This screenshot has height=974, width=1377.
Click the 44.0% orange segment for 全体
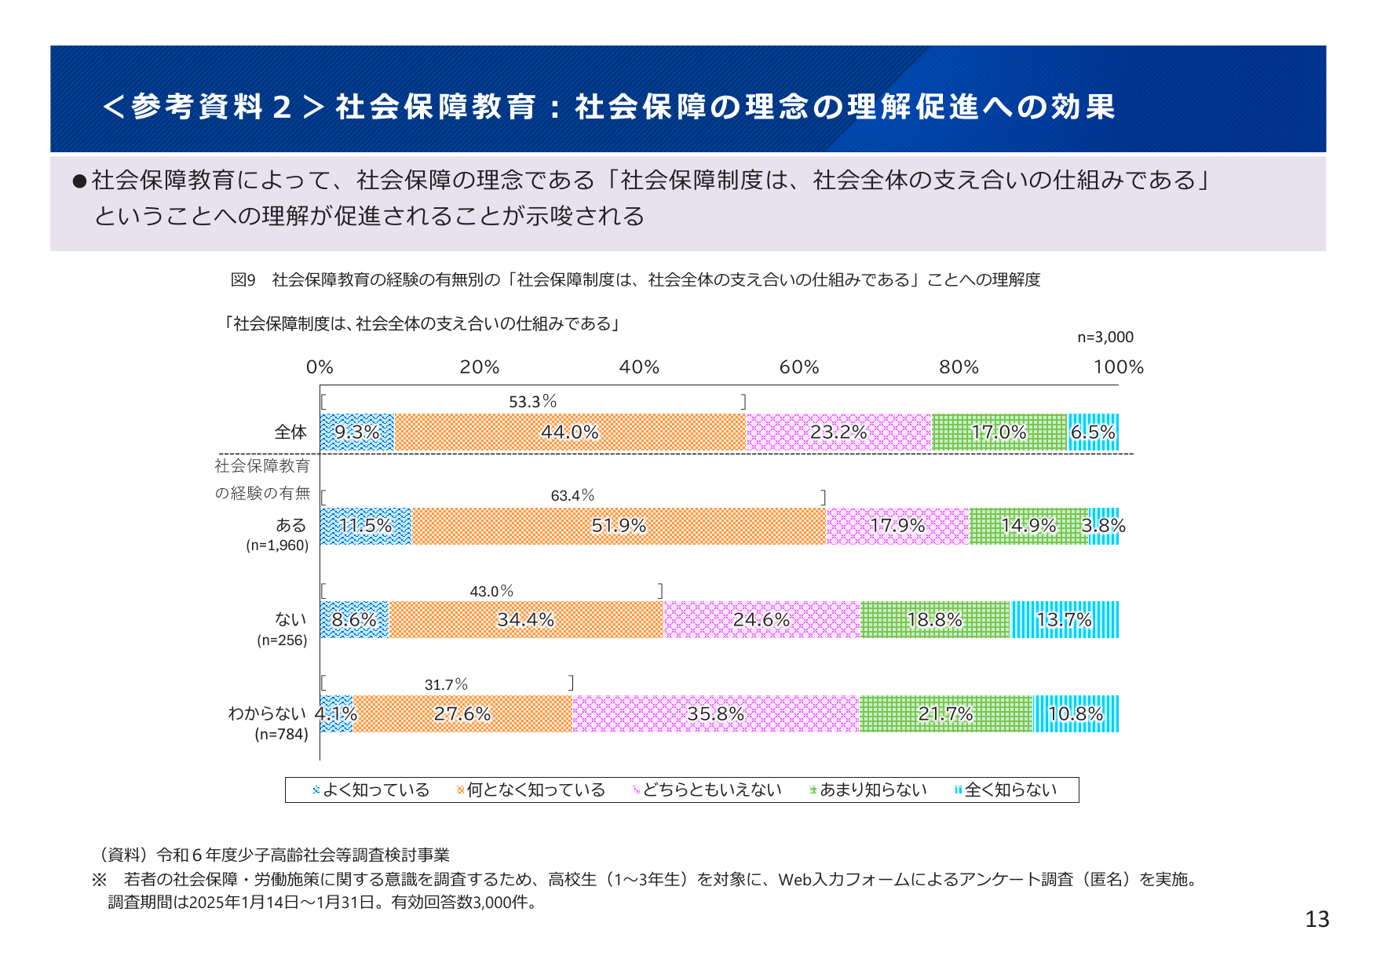coord(570,432)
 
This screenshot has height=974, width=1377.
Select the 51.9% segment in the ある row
coord(619,526)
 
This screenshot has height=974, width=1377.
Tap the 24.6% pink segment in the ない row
coord(762,619)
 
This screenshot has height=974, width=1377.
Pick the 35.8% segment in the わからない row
coord(715,713)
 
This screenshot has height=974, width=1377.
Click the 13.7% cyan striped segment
coord(1064,619)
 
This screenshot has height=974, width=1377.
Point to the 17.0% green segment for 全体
coord(999,432)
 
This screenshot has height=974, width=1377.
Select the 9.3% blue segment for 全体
coord(357,432)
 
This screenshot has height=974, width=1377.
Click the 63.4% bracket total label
coord(572,495)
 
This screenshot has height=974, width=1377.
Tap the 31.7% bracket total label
coord(446,684)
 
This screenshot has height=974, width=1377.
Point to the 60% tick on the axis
coord(799,367)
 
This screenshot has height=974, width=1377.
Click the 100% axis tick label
coord(1118,367)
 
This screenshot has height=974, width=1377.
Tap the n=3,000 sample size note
coord(1105,337)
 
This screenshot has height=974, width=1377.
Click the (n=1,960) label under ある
coord(277,545)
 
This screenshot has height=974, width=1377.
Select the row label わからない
coord(267,713)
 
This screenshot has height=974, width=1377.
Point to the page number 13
coord(1317,919)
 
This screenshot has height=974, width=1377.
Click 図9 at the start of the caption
coord(243,280)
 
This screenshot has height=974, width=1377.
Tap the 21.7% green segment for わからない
coord(945,713)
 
